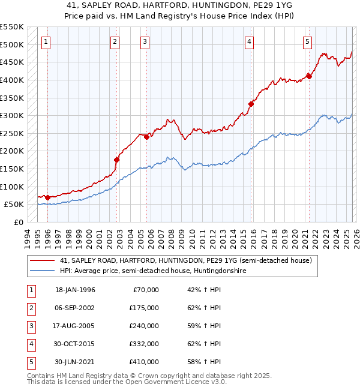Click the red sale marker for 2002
pos(117,160)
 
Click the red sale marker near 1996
pos(47,197)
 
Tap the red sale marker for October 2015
pos(251,104)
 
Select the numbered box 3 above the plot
pos(145,41)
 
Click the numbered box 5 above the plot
pos(307,41)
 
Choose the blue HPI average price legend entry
pos(152,271)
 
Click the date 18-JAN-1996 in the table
pos(75,290)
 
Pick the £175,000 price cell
pos(144,308)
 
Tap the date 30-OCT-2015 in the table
pos(75,344)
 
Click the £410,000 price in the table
pos(144,362)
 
